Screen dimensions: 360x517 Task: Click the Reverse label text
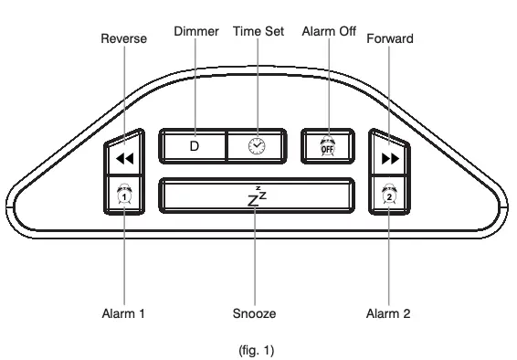[123, 39]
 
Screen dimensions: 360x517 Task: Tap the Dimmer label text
[195, 32]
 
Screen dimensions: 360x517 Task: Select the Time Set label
[258, 32]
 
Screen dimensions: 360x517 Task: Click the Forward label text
[389, 39]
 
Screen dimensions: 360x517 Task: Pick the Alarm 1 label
[123, 314]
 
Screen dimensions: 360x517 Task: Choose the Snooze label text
[255, 314]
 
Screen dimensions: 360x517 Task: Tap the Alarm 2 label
[388, 314]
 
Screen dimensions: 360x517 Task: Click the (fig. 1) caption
[255, 350]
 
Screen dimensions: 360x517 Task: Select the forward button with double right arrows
[389, 158]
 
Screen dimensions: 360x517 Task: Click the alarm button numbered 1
[124, 195]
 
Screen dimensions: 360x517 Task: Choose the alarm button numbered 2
[389, 195]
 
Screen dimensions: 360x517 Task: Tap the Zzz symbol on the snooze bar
[257, 195]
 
